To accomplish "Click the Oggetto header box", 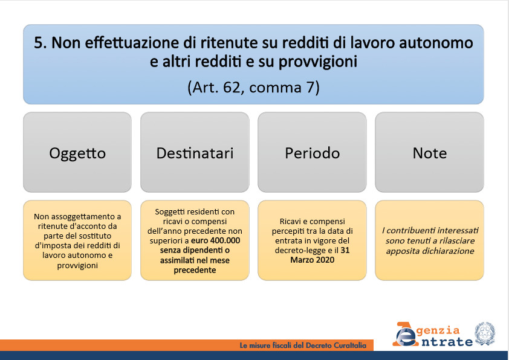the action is [77, 152].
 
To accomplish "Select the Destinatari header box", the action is [195, 152].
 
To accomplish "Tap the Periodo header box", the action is [313, 152].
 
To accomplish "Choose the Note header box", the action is [429, 152].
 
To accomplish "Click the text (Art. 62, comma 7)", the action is [253, 87].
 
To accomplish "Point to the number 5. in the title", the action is [41, 42].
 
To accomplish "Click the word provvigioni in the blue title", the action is [318, 62].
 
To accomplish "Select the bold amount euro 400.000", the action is [216, 240].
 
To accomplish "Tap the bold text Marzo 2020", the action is [313, 260].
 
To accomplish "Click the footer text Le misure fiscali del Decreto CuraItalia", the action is [303, 346].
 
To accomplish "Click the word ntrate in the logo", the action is [447, 341].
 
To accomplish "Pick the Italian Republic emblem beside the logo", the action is [485, 334].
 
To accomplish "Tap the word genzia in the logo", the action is [438, 330].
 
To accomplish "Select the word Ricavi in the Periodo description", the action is [289, 221].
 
